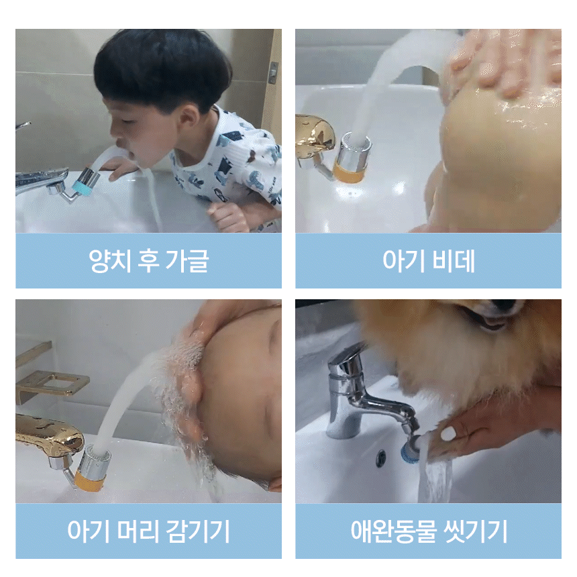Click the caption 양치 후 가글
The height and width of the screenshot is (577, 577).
coord(149,261)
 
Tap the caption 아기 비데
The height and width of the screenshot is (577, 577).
coord(429,261)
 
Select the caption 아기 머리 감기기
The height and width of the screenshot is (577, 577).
coord(149,531)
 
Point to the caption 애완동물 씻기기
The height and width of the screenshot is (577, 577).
coord(429,531)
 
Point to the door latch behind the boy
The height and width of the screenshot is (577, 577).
coord(272,72)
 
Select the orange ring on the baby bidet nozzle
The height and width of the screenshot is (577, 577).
coord(348,174)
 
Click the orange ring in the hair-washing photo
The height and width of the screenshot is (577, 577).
coord(90,481)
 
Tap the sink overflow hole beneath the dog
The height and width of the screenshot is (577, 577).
coord(381,458)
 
